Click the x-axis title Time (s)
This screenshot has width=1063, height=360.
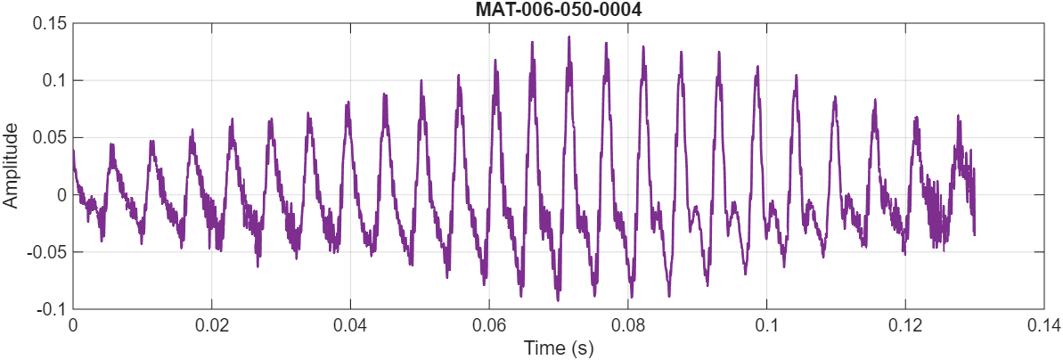558,347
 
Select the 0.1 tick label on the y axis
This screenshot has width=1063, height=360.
54,80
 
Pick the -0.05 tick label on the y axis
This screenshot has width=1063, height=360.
47,251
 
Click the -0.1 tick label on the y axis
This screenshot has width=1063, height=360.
52,308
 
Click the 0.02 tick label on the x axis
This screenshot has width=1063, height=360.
211,325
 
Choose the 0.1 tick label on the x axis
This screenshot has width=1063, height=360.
767,325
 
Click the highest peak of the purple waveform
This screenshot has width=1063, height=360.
568,37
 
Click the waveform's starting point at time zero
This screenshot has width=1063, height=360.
73,150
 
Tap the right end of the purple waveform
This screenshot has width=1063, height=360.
975,233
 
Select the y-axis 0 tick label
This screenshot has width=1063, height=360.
61,194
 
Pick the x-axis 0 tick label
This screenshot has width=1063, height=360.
73,325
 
